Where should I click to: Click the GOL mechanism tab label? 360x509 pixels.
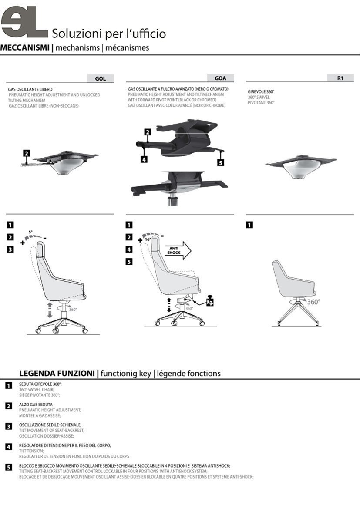pyautogui.click(x=100, y=78)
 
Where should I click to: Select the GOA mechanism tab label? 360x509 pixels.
pyautogui.click(x=220, y=78)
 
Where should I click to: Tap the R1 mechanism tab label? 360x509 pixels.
pyautogui.click(x=340, y=78)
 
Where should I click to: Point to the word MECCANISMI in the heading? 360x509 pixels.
pyautogui.click(x=25, y=47)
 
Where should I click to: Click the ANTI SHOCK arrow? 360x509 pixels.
pyautogui.click(x=178, y=250)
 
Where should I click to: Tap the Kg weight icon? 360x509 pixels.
pyautogui.click(x=210, y=300)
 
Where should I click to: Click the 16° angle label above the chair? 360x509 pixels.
pyautogui.click(x=148, y=239)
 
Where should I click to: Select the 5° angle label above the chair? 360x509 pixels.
pyautogui.click(x=30, y=232)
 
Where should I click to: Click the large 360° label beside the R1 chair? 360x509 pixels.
pyautogui.click(x=313, y=302)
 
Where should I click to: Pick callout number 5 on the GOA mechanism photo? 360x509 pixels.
pyautogui.click(x=220, y=162)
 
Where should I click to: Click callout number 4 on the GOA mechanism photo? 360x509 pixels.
pyautogui.click(x=144, y=159)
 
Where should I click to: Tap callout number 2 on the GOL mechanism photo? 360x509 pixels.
pyautogui.click(x=26, y=153)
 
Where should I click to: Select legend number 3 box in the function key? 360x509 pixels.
pyautogui.click(x=9, y=426)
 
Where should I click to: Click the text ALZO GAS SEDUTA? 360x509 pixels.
pyautogui.click(x=36, y=405)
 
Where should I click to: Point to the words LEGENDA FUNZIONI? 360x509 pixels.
pyautogui.click(x=57, y=373)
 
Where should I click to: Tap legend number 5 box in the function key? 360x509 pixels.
pyautogui.click(x=9, y=468)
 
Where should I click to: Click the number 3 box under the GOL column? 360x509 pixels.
pyautogui.click(x=10, y=249)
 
